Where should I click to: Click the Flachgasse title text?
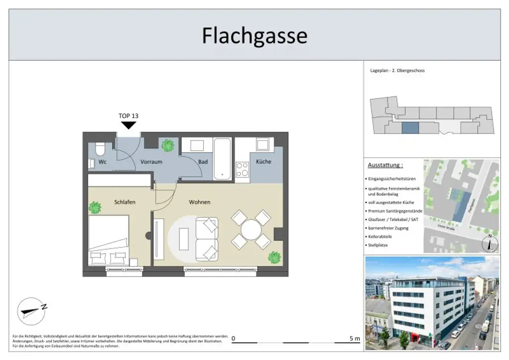coord(254,36)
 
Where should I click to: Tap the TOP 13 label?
coord(128,116)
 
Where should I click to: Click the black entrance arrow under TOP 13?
coord(128,125)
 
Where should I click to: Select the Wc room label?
coord(102,162)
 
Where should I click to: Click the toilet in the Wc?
coord(100,148)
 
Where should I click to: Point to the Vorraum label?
coord(151,162)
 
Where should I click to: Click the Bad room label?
coord(203,162)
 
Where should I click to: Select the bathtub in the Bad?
coord(222,159)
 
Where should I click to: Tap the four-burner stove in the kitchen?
coord(242,170)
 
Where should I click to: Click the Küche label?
coord(263,162)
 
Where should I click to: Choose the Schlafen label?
coord(125,202)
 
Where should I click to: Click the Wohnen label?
coord(199,202)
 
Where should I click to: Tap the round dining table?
coord(251,230)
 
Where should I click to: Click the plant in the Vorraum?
coord(168,145)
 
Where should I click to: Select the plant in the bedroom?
coord(94,207)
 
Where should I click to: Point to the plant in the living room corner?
coord(274,258)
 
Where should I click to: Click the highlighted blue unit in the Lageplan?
coord(410,128)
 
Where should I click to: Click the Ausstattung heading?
coord(385,165)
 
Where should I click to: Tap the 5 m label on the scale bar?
coord(354,339)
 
